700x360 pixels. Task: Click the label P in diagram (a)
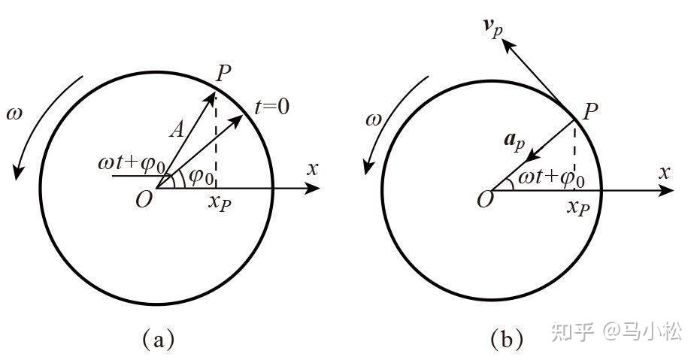tap(223, 74)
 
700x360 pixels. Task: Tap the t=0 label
tap(271, 107)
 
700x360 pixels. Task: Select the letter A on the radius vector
tap(177, 131)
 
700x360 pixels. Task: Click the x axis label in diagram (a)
tap(313, 168)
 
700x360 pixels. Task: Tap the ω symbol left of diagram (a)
tap(15, 116)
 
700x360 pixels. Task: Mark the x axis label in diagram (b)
tap(664, 172)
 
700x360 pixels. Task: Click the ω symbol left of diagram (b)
tap(374, 120)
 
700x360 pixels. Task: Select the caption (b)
tap(506, 340)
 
